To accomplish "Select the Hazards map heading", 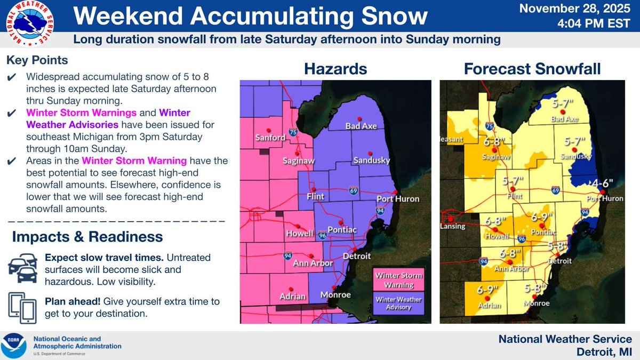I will click(335, 69).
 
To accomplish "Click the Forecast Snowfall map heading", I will click(532, 69).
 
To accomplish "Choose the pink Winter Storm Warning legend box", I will click(398, 279).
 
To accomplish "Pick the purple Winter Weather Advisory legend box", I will click(398, 302).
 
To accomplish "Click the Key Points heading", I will click(37, 60).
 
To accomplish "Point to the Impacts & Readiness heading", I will click(87, 236).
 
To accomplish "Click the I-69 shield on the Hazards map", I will click(353, 189).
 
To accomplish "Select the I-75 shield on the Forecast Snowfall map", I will click(490, 125).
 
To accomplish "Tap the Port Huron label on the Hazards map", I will click(397, 199).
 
